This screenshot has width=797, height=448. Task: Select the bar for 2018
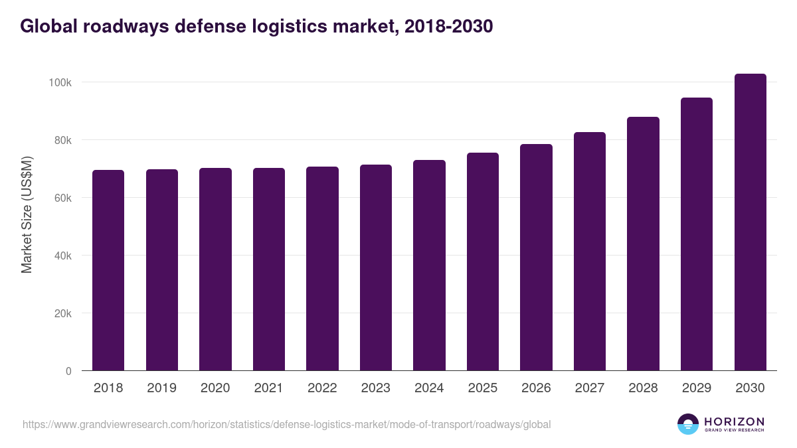point(108,270)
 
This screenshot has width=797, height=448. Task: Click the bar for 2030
point(750,222)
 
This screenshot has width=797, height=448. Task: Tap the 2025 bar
point(483,261)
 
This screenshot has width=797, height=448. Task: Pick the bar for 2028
point(643,244)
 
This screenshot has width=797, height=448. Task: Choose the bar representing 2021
point(268,269)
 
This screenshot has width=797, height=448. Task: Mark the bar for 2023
point(376,267)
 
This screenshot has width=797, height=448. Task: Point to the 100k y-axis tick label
point(60,82)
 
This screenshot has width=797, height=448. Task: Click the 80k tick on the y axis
point(62,140)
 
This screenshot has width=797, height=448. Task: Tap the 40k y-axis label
point(62,256)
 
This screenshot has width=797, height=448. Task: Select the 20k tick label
point(62,313)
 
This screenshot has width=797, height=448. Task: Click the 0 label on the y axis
point(68,371)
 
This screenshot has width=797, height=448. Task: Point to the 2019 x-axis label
point(161,388)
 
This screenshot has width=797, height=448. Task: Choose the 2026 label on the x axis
point(536,388)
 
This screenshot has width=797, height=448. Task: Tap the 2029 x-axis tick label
point(697,388)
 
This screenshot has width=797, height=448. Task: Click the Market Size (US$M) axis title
point(27,214)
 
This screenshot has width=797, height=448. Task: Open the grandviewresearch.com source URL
point(286,424)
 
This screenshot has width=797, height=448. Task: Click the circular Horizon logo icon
point(688,424)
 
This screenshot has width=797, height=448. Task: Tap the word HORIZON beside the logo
point(734,421)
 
